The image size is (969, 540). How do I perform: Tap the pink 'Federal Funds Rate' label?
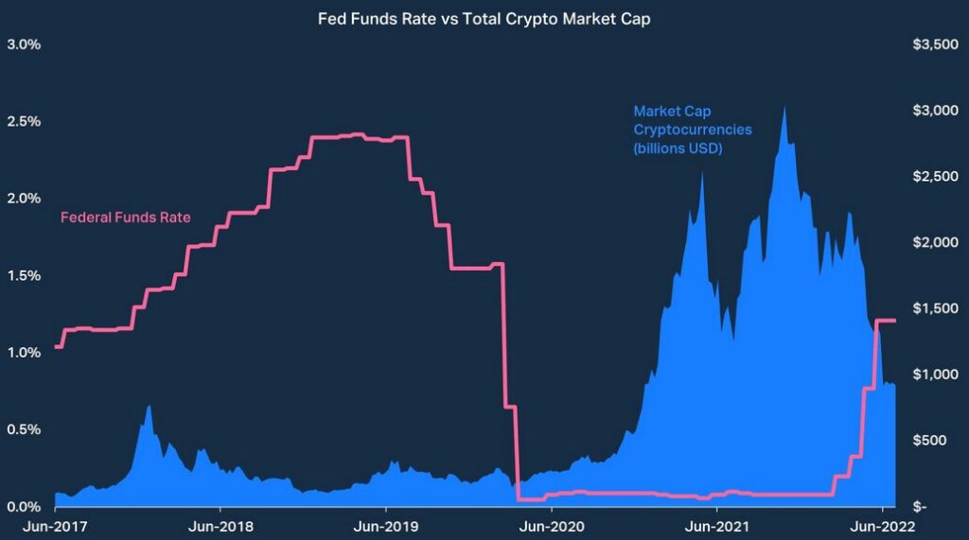[x=126, y=218]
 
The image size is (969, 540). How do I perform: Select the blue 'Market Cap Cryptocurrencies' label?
[x=679, y=120]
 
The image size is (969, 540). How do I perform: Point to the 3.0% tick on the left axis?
[x=24, y=45]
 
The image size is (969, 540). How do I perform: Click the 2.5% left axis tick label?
[x=24, y=122]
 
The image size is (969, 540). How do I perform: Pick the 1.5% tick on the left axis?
[x=24, y=276]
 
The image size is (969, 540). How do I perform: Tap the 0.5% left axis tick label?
[x=24, y=429]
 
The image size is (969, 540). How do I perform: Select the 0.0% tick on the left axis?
[x=24, y=507]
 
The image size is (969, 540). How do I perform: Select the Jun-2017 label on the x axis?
[x=55, y=526]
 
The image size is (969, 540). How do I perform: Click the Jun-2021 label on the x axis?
[x=715, y=526]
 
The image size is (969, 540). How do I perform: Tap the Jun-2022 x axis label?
[x=882, y=526]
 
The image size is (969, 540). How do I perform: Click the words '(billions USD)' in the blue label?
[x=678, y=148]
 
